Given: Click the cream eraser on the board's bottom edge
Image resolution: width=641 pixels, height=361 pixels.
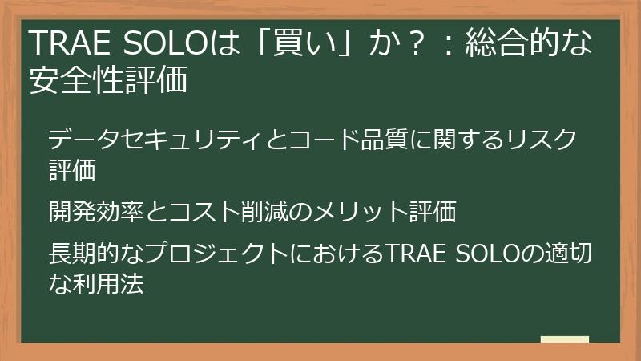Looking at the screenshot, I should [x=564, y=339].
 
